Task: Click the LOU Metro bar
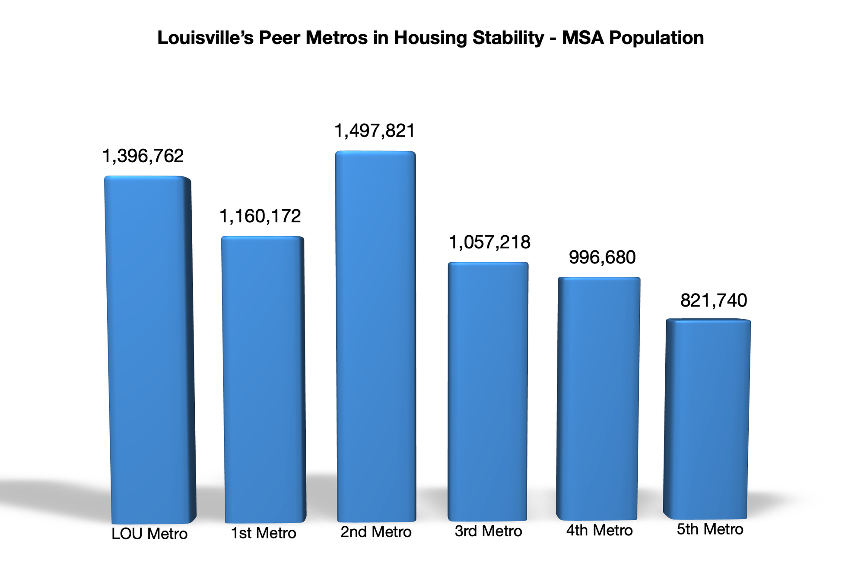(x=149, y=350)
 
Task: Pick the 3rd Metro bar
(x=488, y=391)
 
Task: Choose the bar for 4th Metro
(x=598, y=398)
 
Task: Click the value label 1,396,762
(x=143, y=156)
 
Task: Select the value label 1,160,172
(x=260, y=216)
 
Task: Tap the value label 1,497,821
(x=375, y=131)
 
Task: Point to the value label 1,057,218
(x=489, y=242)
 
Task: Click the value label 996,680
(x=602, y=258)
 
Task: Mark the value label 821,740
(x=714, y=301)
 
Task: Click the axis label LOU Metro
(x=149, y=534)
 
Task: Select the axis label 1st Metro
(x=264, y=533)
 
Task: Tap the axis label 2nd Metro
(x=376, y=532)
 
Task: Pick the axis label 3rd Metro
(x=489, y=531)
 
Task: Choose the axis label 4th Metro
(x=599, y=530)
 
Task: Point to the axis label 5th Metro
(x=710, y=529)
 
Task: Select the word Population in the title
(x=657, y=38)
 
